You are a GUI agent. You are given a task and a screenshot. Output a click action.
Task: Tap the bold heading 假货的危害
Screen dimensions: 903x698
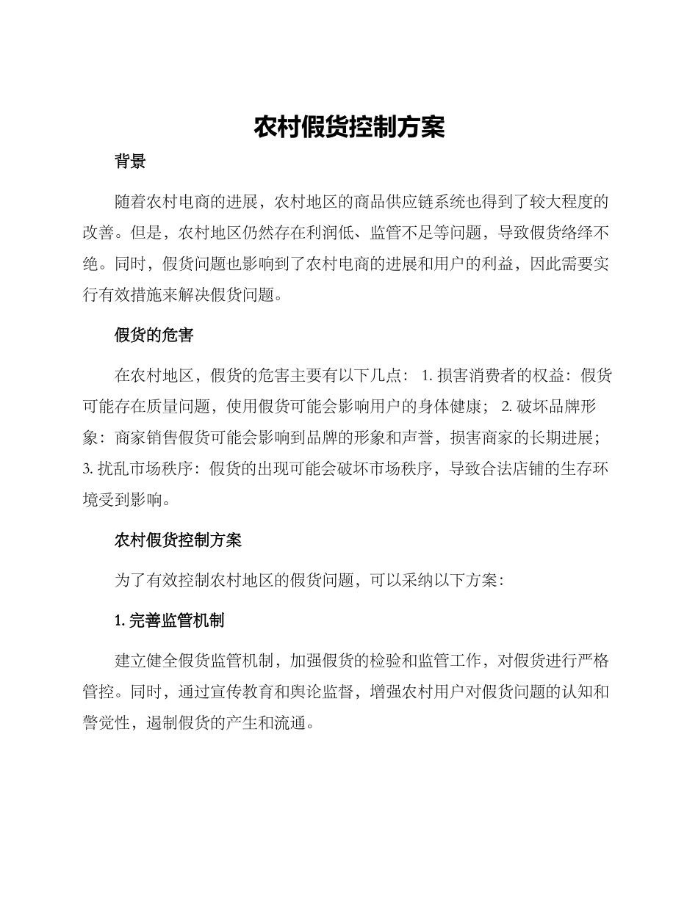(154, 336)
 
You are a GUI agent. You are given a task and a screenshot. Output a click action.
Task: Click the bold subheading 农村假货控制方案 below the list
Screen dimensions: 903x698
(178, 542)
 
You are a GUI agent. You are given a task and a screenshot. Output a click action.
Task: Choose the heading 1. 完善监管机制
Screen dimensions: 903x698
(170, 621)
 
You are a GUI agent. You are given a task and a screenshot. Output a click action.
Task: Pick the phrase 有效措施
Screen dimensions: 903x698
(129, 295)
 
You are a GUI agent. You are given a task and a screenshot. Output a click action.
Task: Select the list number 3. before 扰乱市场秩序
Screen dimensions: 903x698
(87, 470)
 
